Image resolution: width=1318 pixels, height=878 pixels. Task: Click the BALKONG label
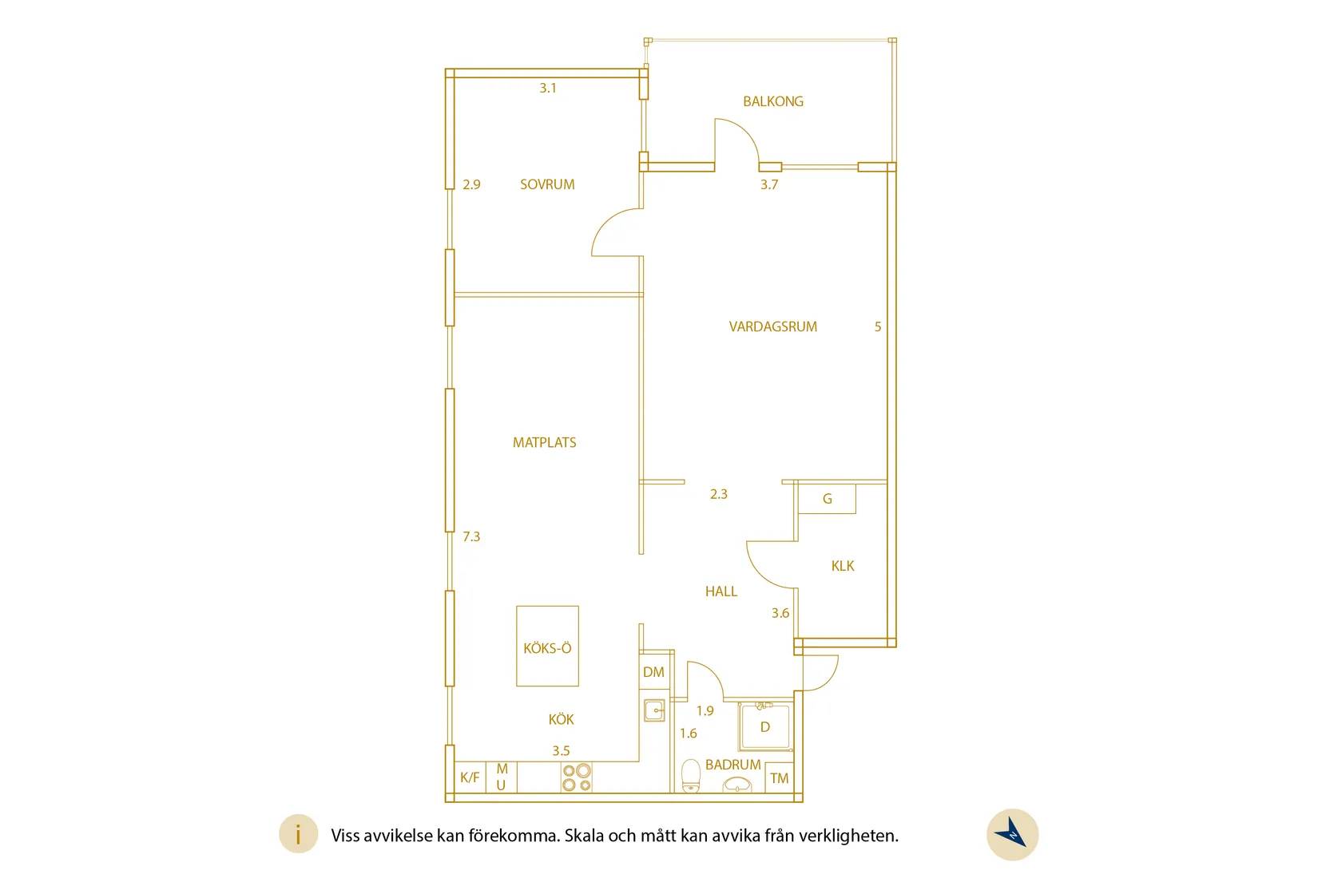click(x=772, y=101)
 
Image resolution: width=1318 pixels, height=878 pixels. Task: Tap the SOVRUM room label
click(x=547, y=184)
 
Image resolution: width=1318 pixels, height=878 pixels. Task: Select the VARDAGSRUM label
click(x=772, y=326)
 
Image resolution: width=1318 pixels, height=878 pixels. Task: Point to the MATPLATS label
click(x=544, y=442)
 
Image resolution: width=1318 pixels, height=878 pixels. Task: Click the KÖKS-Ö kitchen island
click(x=547, y=646)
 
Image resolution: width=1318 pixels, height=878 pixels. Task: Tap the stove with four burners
click(x=576, y=777)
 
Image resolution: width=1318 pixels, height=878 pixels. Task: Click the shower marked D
click(x=765, y=727)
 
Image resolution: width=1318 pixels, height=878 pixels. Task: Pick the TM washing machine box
click(x=779, y=777)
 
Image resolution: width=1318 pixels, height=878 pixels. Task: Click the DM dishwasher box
click(x=653, y=672)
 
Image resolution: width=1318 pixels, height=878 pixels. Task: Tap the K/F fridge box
click(x=470, y=777)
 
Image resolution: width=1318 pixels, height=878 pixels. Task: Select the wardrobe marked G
click(x=827, y=499)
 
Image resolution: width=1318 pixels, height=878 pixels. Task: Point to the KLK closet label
click(x=843, y=566)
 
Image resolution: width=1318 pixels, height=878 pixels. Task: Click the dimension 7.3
click(x=471, y=536)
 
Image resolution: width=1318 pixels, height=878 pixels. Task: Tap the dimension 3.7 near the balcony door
click(x=769, y=184)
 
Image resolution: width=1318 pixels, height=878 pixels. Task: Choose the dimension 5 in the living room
click(x=877, y=326)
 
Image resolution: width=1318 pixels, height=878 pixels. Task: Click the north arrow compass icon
click(x=1012, y=834)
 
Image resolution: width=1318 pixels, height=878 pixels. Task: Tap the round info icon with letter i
click(x=298, y=833)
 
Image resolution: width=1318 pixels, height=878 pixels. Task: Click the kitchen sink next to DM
click(x=654, y=710)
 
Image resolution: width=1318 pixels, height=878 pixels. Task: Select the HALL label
click(x=721, y=591)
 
